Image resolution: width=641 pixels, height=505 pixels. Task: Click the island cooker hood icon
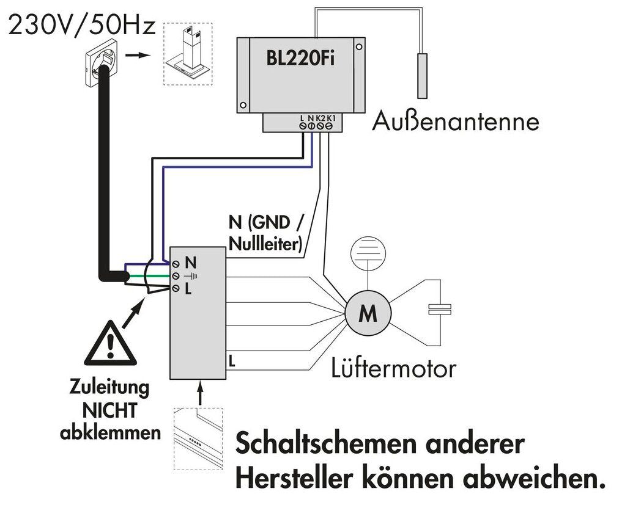[x=187, y=54]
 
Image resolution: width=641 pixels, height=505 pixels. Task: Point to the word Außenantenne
[x=456, y=121]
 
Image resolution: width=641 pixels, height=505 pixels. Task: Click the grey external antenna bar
[x=423, y=75]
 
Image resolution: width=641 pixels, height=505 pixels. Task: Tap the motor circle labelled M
[x=368, y=314]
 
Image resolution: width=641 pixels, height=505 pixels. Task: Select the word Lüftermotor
[x=393, y=368]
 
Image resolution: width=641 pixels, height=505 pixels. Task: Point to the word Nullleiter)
[x=265, y=244]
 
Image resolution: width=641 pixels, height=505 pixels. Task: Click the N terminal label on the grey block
[x=190, y=263]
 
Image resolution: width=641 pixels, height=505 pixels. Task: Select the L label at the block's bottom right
[x=231, y=361]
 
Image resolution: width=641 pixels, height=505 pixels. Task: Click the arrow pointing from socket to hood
[x=142, y=55]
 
